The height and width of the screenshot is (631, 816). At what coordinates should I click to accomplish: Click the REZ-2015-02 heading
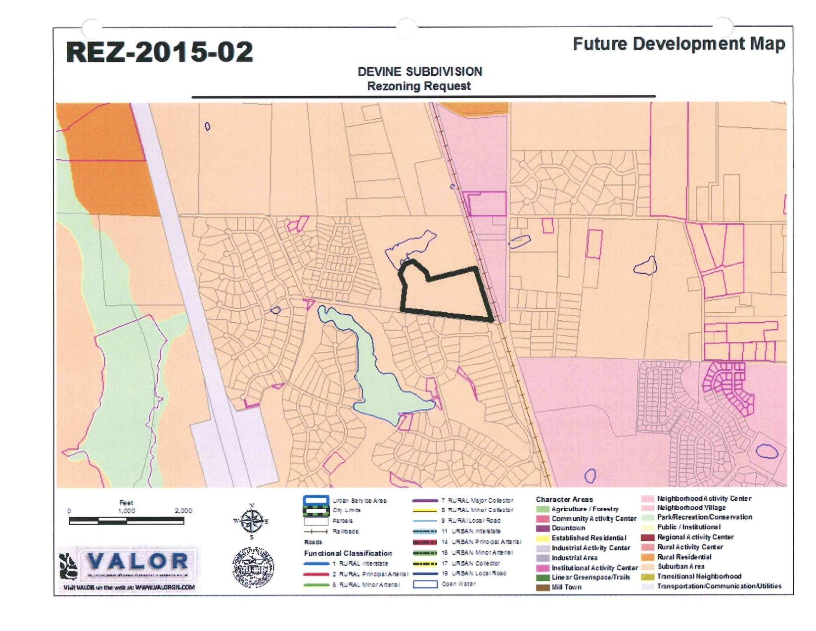coord(159,52)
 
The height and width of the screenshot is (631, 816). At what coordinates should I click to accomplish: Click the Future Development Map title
coord(679,44)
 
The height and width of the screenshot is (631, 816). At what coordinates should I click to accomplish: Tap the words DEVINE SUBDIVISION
coord(419,71)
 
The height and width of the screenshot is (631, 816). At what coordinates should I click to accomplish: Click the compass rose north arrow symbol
coord(251,521)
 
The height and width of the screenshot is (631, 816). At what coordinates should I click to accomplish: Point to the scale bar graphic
coord(127,521)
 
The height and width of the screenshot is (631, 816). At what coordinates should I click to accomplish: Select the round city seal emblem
coord(253,567)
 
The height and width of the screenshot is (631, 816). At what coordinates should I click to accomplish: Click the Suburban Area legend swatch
coord(648,567)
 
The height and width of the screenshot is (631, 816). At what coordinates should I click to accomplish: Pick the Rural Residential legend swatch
coord(648,557)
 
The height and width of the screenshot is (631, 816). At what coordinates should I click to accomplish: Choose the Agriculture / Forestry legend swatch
coord(543,509)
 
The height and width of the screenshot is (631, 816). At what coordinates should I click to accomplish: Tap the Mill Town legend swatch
coord(543,587)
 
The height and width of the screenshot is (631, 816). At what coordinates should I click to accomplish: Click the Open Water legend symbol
coord(425,584)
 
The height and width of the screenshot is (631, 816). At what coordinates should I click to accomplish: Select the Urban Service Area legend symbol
coord(316,500)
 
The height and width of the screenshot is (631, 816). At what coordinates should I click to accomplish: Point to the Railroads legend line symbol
coord(316,531)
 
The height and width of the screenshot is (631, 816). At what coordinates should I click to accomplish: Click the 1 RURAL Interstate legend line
coord(316,564)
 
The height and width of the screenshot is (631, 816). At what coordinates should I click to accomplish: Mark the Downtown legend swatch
coord(543,528)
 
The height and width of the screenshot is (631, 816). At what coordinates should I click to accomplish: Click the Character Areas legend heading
coord(564,499)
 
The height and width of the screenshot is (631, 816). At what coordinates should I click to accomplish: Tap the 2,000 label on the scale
coord(183,511)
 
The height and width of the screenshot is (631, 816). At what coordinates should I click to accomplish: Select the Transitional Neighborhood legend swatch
coord(648,577)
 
